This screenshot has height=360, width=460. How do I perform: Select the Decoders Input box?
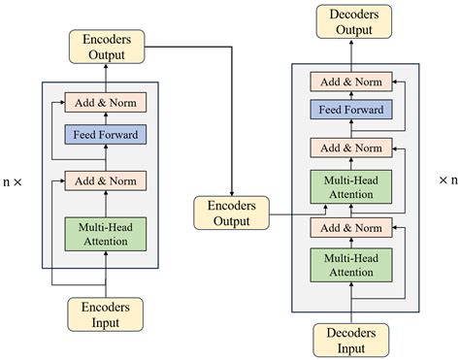pos(350,341)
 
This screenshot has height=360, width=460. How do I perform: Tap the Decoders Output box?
pos(350,22)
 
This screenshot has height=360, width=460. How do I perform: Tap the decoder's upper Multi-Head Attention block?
pos(350,186)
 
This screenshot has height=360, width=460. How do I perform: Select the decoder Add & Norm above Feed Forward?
pos(350,82)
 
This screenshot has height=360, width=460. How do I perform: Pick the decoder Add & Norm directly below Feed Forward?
pos(350,147)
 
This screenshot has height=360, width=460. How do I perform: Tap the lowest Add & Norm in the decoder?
pos(350,227)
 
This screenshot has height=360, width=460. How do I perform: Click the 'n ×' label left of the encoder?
pos(16,180)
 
